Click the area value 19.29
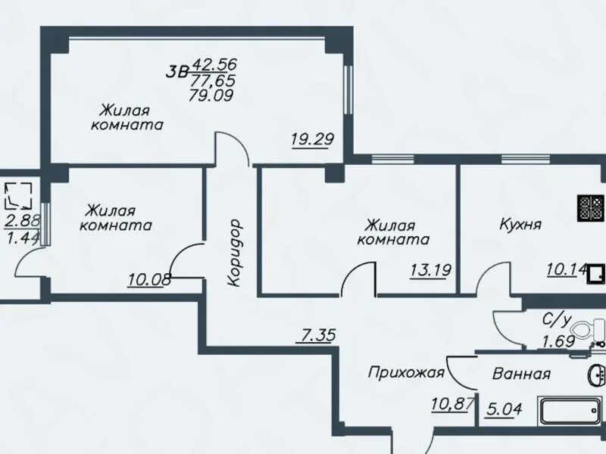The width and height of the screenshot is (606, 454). click(x=312, y=139)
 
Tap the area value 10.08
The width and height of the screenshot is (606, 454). click(x=149, y=280)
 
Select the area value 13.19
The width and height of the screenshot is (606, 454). click(x=430, y=270)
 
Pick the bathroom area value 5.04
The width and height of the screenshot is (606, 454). click(x=504, y=409)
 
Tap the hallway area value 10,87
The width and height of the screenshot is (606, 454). click(x=452, y=405)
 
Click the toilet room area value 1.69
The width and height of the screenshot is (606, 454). click(x=559, y=341)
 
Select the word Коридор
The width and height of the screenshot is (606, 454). click(x=234, y=253)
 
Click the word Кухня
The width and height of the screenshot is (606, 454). click(x=520, y=224)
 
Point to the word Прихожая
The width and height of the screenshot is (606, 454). click(x=406, y=373)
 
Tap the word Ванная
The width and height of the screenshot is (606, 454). click(x=521, y=374)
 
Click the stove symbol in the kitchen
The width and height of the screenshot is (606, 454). click(x=591, y=209)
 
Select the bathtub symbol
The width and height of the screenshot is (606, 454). click(x=570, y=412)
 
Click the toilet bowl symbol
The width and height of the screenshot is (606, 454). click(x=588, y=331)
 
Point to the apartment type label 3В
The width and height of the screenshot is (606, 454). click(x=176, y=72)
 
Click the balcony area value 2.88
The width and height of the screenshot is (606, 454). click(x=23, y=222)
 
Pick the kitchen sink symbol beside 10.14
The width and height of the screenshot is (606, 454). click(x=596, y=273)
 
